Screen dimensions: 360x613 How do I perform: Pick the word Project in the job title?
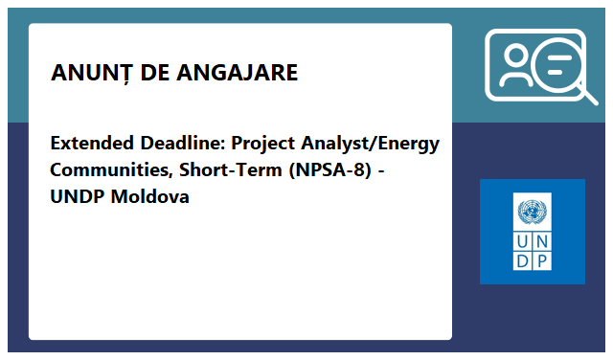click(265, 145)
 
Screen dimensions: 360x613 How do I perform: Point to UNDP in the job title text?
click(78, 198)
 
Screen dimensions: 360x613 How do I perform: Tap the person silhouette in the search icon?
click(514, 67)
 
